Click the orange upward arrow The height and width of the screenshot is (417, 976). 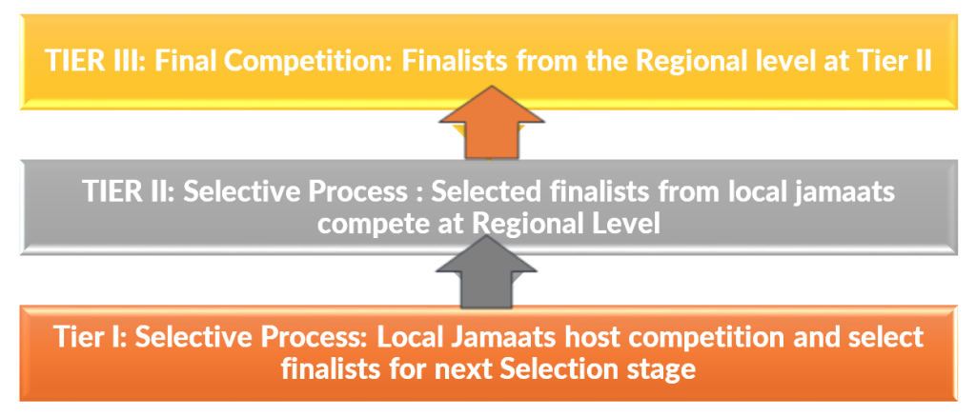click(x=492, y=122)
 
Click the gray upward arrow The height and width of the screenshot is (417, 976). click(x=486, y=272)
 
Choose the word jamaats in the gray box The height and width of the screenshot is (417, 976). click(x=846, y=192)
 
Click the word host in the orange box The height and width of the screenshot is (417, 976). click(x=603, y=338)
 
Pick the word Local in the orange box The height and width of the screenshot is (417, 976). click(x=429, y=338)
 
